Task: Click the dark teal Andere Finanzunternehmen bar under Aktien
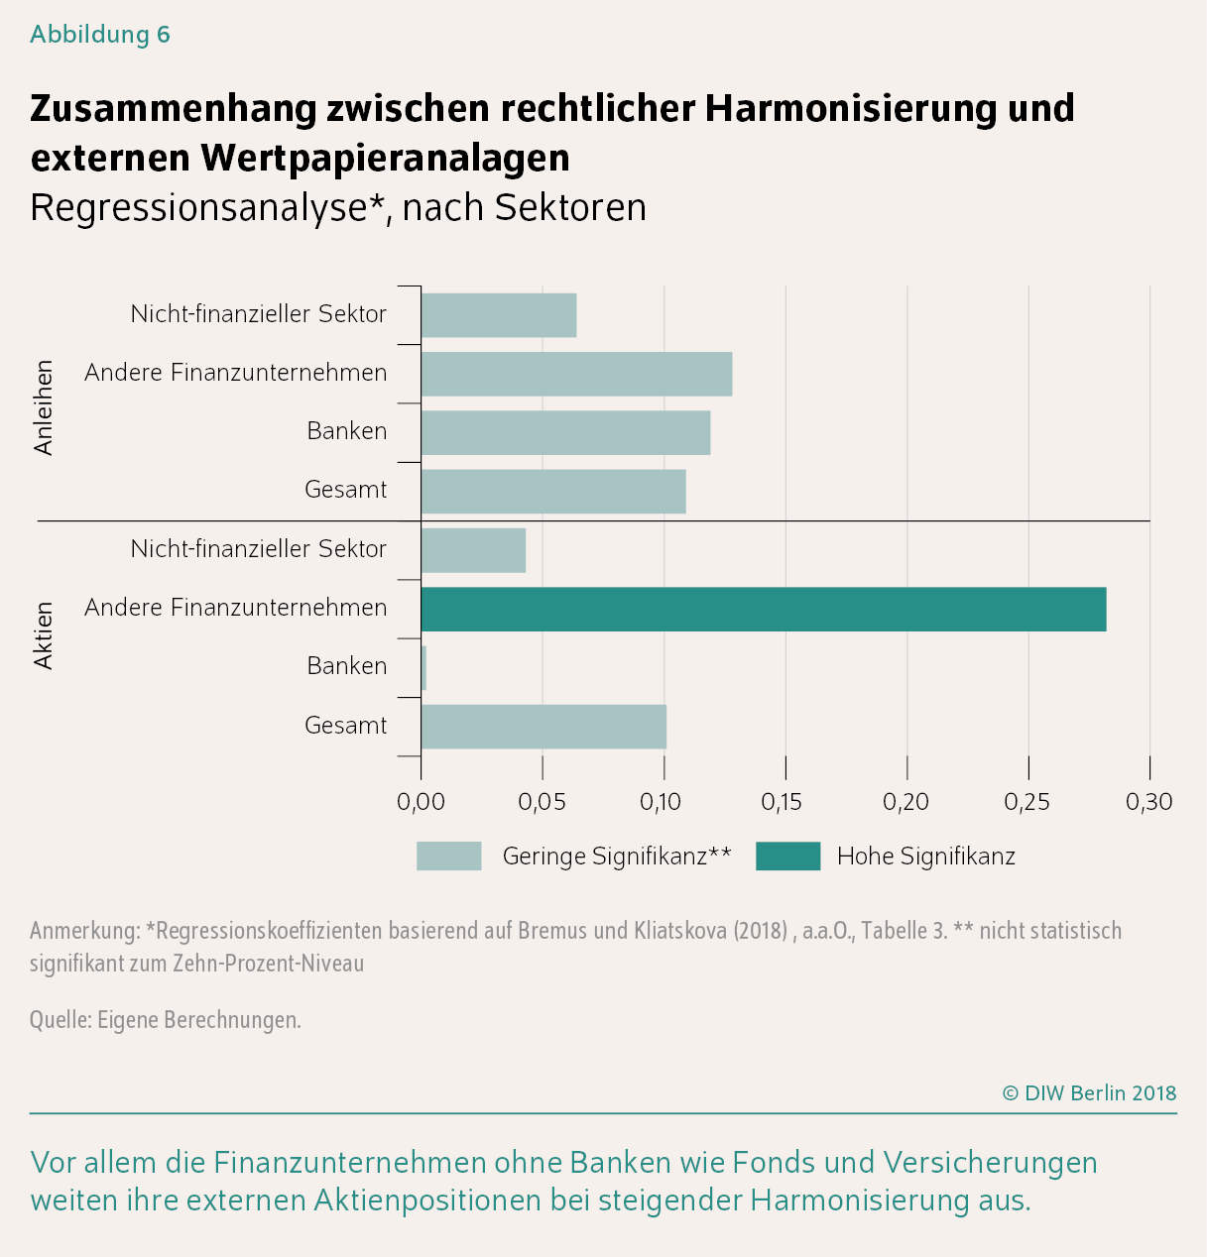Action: tap(763, 609)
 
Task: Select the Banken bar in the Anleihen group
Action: tap(565, 432)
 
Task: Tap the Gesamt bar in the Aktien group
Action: tap(543, 727)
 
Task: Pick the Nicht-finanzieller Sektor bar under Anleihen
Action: tap(498, 315)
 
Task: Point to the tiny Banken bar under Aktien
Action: tap(423, 667)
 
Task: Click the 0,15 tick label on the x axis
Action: tap(785, 802)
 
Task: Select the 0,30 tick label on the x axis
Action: tap(1148, 802)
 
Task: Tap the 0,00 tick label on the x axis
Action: tap(421, 802)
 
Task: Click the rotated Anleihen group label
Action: tap(44, 407)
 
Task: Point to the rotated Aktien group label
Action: tap(44, 635)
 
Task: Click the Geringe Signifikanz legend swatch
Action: tap(448, 856)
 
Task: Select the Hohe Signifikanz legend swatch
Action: tap(787, 856)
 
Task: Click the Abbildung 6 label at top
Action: tap(100, 35)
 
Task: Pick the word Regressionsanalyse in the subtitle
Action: tap(199, 208)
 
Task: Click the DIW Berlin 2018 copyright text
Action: tap(1089, 1092)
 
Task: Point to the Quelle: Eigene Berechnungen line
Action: tap(165, 1019)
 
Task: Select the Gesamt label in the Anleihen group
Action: tap(345, 490)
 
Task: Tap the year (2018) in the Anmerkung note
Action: tap(760, 931)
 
